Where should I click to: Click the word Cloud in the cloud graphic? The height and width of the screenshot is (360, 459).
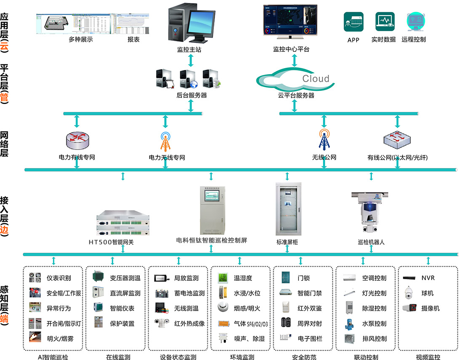click(x=315, y=78)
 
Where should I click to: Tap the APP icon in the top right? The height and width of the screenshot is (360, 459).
click(x=353, y=22)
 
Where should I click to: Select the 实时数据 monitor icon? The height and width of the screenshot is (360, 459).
click(x=384, y=22)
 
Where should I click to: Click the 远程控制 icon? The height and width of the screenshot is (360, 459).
click(x=414, y=22)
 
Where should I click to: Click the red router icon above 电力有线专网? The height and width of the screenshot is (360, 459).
click(x=77, y=140)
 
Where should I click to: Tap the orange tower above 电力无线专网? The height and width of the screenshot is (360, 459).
click(x=165, y=142)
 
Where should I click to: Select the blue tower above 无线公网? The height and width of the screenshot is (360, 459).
click(x=324, y=140)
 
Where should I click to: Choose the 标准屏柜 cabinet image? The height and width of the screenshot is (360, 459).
click(x=288, y=209)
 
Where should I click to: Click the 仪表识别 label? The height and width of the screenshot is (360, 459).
click(x=59, y=278)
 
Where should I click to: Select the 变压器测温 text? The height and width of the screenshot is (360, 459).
click(x=125, y=278)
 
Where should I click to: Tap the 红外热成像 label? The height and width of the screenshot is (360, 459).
click(x=189, y=323)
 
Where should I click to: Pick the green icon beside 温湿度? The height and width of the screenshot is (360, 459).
click(x=223, y=278)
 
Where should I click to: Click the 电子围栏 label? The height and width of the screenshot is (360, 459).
click(x=310, y=339)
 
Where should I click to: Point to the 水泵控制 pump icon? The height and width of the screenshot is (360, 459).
click(x=350, y=323)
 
